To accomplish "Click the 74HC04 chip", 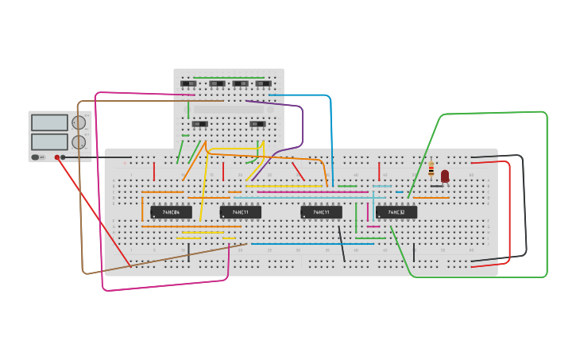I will (x=171, y=212).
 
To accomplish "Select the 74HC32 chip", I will (x=396, y=212).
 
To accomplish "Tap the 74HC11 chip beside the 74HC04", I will (x=240, y=212).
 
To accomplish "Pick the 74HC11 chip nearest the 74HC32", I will (x=321, y=212).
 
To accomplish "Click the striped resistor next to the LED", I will (x=431, y=169).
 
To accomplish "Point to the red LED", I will (x=445, y=176).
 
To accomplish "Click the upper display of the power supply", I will (x=49, y=122).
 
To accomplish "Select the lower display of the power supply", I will (x=49, y=141).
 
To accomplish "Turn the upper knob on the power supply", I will (x=79, y=122).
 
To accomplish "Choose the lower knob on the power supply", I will (x=79, y=142).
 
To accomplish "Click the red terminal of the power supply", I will (x=58, y=157).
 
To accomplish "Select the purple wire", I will (x=302, y=127).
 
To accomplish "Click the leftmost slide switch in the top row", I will (x=188, y=83).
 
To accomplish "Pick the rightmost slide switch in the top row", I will (x=263, y=83).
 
